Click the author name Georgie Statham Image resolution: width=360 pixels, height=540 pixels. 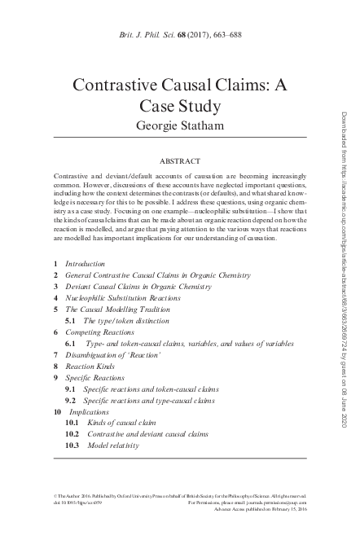pos(179,125)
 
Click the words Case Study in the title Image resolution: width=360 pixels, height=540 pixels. pos(179,106)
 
